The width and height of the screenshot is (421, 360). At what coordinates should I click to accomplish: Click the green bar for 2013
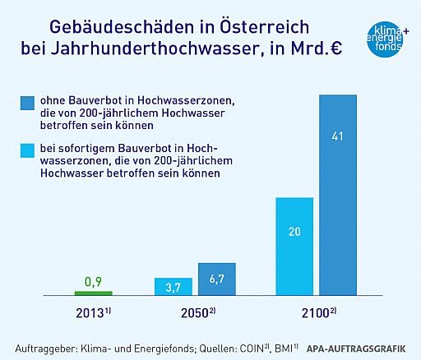click(x=93, y=293)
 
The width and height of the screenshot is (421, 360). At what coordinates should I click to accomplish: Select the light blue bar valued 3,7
click(x=173, y=286)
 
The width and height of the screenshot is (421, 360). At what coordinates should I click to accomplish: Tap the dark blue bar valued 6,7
click(x=217, y=279)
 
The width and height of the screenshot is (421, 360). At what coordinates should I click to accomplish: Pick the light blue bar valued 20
click(x=294, y=247)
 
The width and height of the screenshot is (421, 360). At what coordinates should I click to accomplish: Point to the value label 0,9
click(x=93, y=282)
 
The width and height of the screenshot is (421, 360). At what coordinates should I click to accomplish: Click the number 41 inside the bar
click(x=338, y=136)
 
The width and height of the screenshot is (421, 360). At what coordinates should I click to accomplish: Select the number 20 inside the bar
click(x=294, y=233)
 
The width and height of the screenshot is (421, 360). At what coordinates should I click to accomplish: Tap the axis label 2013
click(x=92, y=314)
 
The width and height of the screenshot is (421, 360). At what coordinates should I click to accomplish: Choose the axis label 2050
click(x=196, y=314)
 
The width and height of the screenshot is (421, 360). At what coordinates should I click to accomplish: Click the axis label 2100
click(x=317, y=314)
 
